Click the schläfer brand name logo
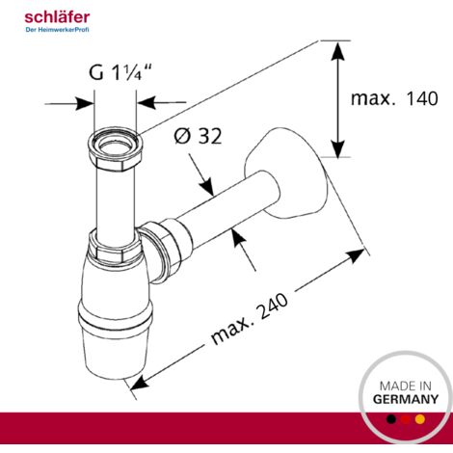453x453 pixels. tap(57, 17)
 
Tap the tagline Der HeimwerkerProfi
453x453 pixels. tap(57, 30)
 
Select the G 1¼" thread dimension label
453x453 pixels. tap(120, 72)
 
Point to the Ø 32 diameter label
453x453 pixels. tap(198, 136)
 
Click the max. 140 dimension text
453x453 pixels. tap(394, 98)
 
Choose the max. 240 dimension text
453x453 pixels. tap(250, 318)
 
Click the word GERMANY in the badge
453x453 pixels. tap(406, 399)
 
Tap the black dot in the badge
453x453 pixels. tap(391, 419)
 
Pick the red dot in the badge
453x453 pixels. tap(406, 419)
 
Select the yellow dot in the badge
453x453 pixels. tap(420, 419)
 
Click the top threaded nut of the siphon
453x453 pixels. tap(116, 148)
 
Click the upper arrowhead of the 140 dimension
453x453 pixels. tap(337, 51)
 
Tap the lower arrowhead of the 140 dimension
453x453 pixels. tap(337, 147)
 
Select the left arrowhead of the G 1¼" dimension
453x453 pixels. tap(84, 103)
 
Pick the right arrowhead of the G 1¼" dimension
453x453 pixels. tap(147, 103)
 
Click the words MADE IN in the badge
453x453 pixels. tap(406, 386)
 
